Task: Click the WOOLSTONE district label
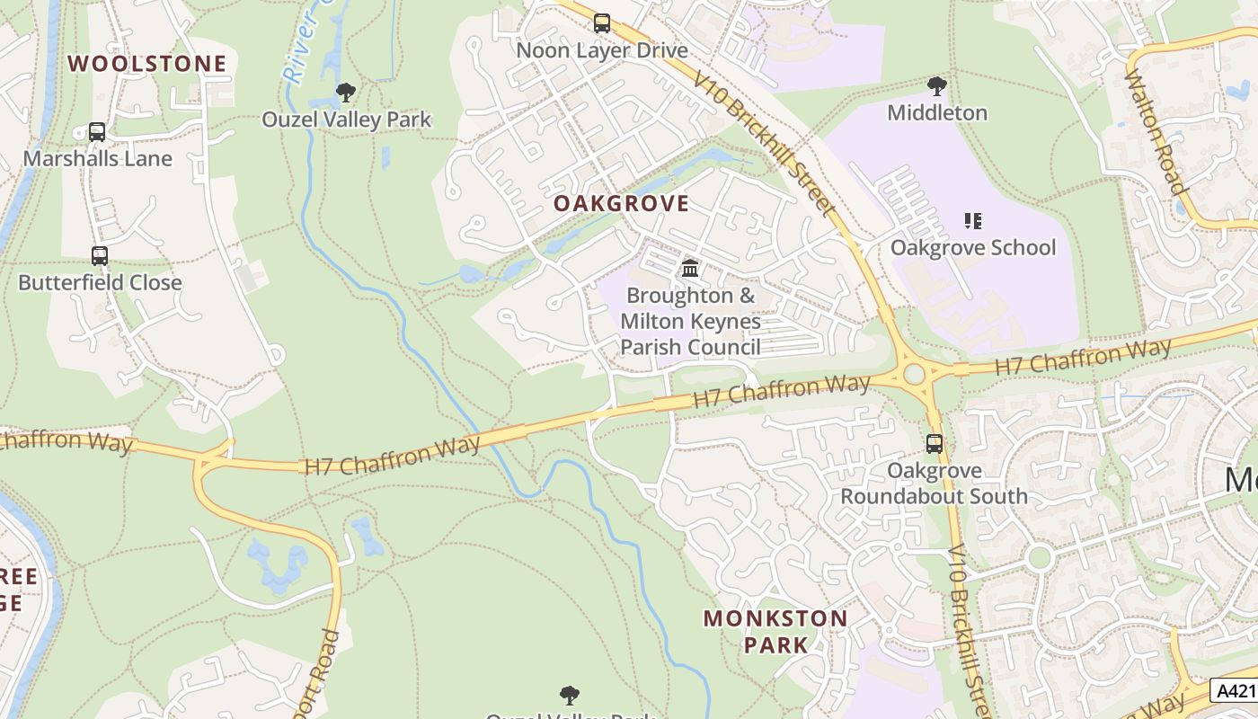pyautogui.click(x=147, y=64)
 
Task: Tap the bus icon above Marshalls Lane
pyautogui.click(x=97, y=132)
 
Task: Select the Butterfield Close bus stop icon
pyautogui.click(x=100, y=256)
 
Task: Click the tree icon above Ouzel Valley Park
pyautogui.click(x=345, y=93)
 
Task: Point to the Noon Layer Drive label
pyautogui.click(x=602, y=50)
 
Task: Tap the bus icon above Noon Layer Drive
pyautogui.click(x=602, y=23)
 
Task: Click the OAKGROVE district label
pyautogui.click(x=622, y=204)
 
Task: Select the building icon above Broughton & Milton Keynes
pyautogui.click(x=690, y=268)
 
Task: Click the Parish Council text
pyautogui.click(x=690, y=347)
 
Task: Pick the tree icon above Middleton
pyautogui.click(x=937, y=86)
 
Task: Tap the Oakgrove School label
pyautogui.click(x=973, y=247)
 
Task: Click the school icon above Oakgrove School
pyautogui.click(x=972, y=220)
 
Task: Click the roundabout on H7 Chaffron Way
pyautogui.click(x=915, y=372)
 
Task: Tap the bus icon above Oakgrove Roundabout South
pyautogui.click(x=935, y=443)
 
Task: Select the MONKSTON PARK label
pyautogui.click(x=775, y=631)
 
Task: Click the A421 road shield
pyautogui.click(x=1236, y=690)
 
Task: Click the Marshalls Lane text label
pyautogui.click(x=97, y=158)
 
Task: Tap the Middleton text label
pyautogui.click(x=937, y=112)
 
